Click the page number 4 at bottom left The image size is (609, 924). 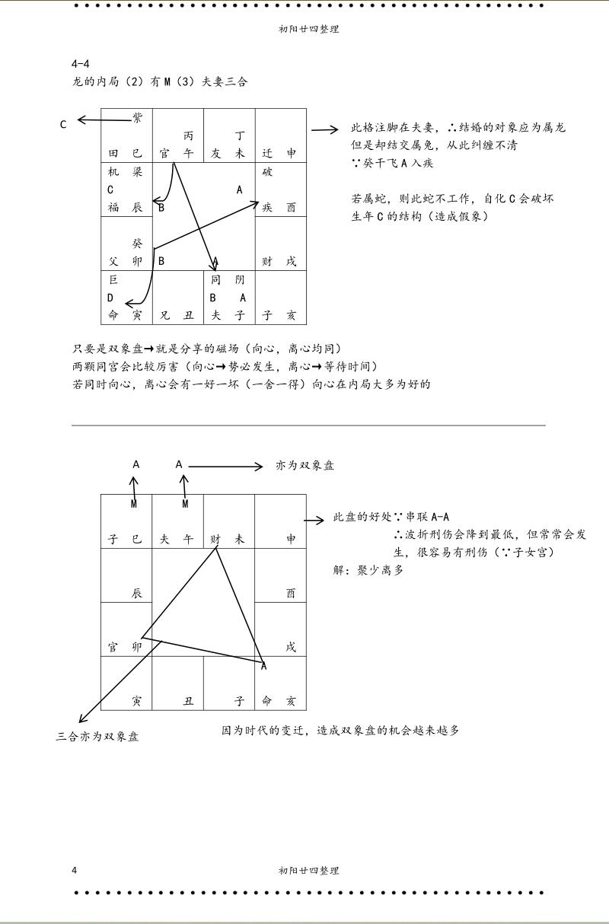click(x=74, y=870)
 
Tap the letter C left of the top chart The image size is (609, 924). click(x=63, y=124)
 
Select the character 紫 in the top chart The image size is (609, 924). click(x=137, y=117)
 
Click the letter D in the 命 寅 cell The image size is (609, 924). click(x=110, y=298)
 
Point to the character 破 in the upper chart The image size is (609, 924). click(x=267, y=172)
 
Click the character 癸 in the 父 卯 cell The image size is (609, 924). click(x=137, y=244)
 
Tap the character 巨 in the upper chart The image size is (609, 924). click(x=113, y=280)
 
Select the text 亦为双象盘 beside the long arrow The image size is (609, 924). click(x=304, y=466)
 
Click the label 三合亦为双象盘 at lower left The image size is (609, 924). click(x=97, y=736)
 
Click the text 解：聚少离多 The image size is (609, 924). click(x=368, y=569)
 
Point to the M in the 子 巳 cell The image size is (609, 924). click(x=134, y=504)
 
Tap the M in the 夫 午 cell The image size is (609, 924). click(x=185, y=504)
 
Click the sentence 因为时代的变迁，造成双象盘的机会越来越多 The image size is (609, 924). click(x=340, y=730)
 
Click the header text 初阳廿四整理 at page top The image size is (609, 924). click(x=309, y=30)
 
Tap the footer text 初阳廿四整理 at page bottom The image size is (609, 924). click(x=309, y=870)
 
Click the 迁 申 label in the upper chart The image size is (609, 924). click(x=279, y=153)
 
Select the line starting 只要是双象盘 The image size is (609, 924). click(x=206, y=349)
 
